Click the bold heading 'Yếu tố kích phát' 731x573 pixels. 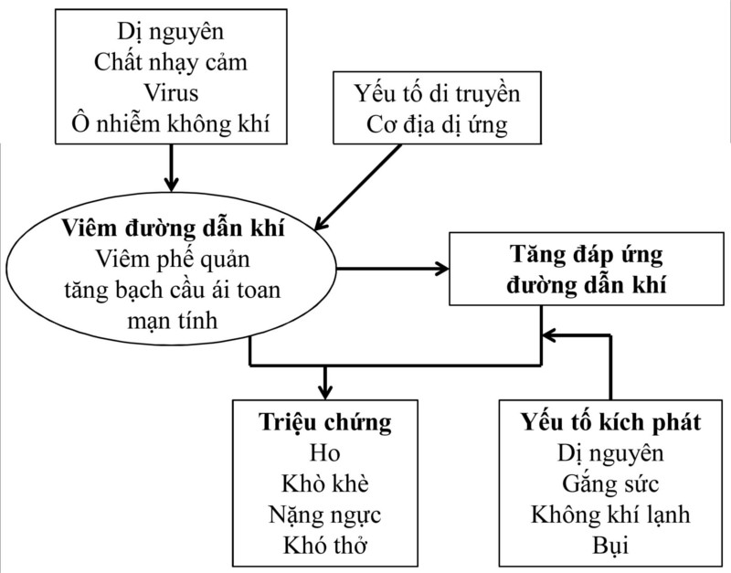610,423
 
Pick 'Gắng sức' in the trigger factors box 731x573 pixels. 610,483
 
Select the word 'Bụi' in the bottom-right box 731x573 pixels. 610,546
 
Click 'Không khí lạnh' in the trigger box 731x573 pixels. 610,515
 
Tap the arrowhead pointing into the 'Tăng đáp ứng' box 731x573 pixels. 441,269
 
